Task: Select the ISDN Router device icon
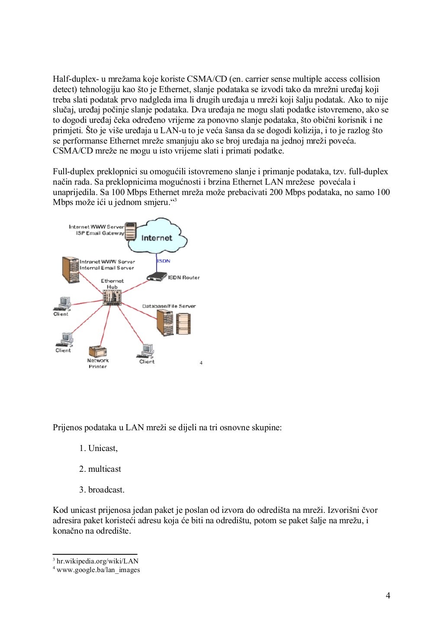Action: (157, 276)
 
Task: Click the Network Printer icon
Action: (98, 351)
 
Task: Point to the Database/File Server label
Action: (169, 306)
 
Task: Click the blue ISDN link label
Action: (164, 261)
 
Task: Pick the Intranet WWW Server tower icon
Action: (70, 270)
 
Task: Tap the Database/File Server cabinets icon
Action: (173, 323)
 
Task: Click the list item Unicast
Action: (103, 448)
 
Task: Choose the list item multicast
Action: (104, 469)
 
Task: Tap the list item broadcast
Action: (106, 490)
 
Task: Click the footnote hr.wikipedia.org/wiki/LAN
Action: (97, 561)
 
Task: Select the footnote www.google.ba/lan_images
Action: (98, 570)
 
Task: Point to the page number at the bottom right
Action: (388, 596)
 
